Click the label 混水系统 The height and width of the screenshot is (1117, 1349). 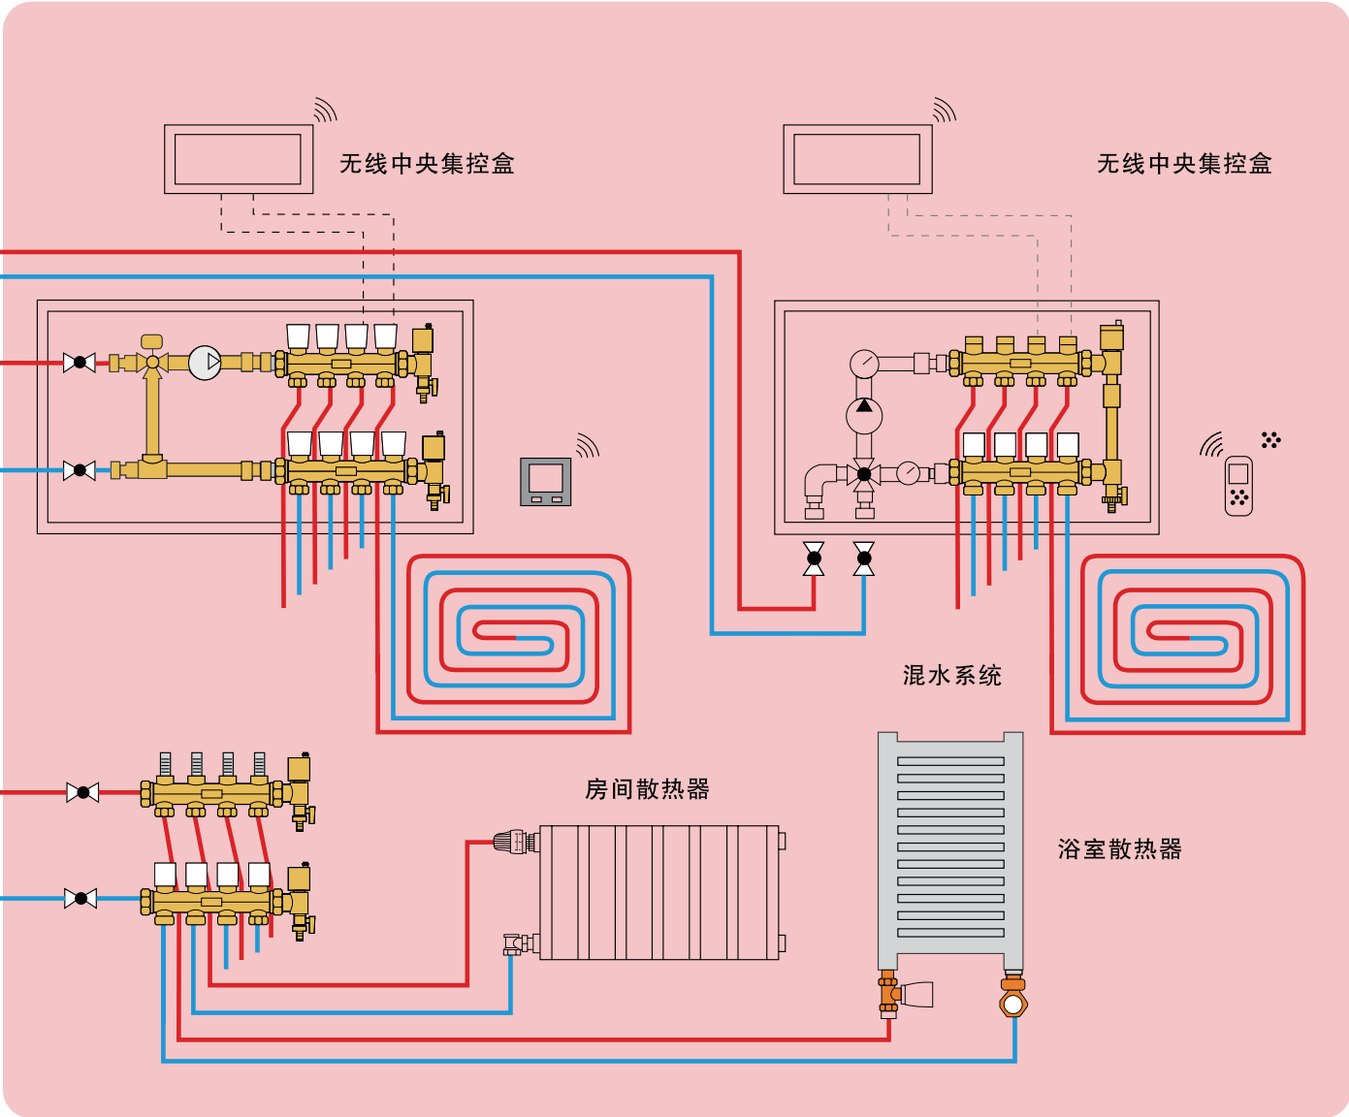point(951,676)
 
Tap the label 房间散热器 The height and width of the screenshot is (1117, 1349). point(647,789)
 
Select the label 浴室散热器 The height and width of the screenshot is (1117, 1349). point(1119,849)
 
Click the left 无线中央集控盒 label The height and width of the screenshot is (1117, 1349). point(427,164)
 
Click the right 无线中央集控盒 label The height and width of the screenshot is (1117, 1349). point(1184,164)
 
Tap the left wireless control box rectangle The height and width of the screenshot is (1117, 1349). point(239,159)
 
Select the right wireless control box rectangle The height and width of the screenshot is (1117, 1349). point(857,159)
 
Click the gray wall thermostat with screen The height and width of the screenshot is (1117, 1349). point(546,481)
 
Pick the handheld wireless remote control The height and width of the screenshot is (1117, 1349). point(1238,485)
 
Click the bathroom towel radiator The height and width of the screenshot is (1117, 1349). point(950,849)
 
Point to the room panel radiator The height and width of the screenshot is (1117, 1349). point(659,892)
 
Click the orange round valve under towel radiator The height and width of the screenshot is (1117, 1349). point(1013,1004)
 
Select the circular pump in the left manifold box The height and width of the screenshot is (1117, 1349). point(205,363)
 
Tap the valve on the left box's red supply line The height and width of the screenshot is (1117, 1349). point(80,363)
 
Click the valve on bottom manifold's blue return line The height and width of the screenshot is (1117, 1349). point(80,899)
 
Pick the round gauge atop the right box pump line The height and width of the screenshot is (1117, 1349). point(864,364)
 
